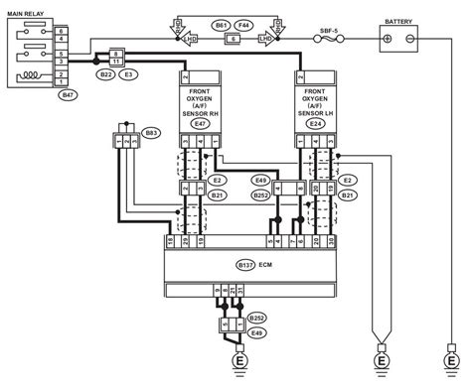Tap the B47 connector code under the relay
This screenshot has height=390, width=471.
pos(67,94)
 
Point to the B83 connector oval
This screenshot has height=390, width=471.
pos(151,130)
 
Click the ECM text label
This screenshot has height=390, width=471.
pos(264,265)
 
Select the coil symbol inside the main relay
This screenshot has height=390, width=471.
pos(29,72)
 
